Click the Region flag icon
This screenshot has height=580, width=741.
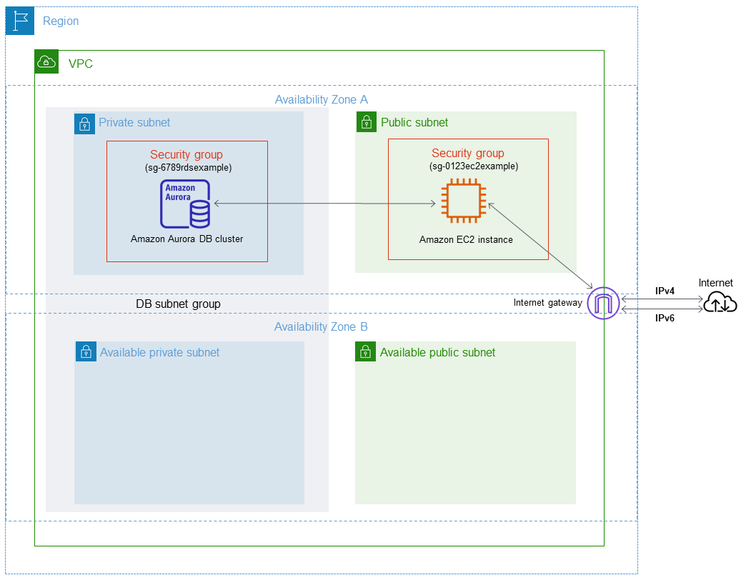[20, 21]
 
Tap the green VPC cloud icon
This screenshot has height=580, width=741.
[46, 62]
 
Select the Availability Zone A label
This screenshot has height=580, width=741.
[321, 99]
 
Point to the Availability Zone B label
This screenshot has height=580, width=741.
[321, 326]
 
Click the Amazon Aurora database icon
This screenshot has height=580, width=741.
[185, 204]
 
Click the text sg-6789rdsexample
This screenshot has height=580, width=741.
[188, 167]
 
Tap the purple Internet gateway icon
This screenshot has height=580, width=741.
[602, 303]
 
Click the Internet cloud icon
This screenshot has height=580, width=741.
[720, 303]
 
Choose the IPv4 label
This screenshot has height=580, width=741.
[665, 291]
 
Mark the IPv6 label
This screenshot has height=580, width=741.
[665, 319]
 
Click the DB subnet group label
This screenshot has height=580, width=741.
[178, 304]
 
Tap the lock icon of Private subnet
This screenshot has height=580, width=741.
[85, 123]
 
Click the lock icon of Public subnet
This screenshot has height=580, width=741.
[367, 122]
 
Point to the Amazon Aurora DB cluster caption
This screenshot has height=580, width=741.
[187, 239]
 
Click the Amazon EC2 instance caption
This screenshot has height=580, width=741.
[466, 239]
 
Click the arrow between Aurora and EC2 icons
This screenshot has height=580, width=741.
[324, 204]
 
